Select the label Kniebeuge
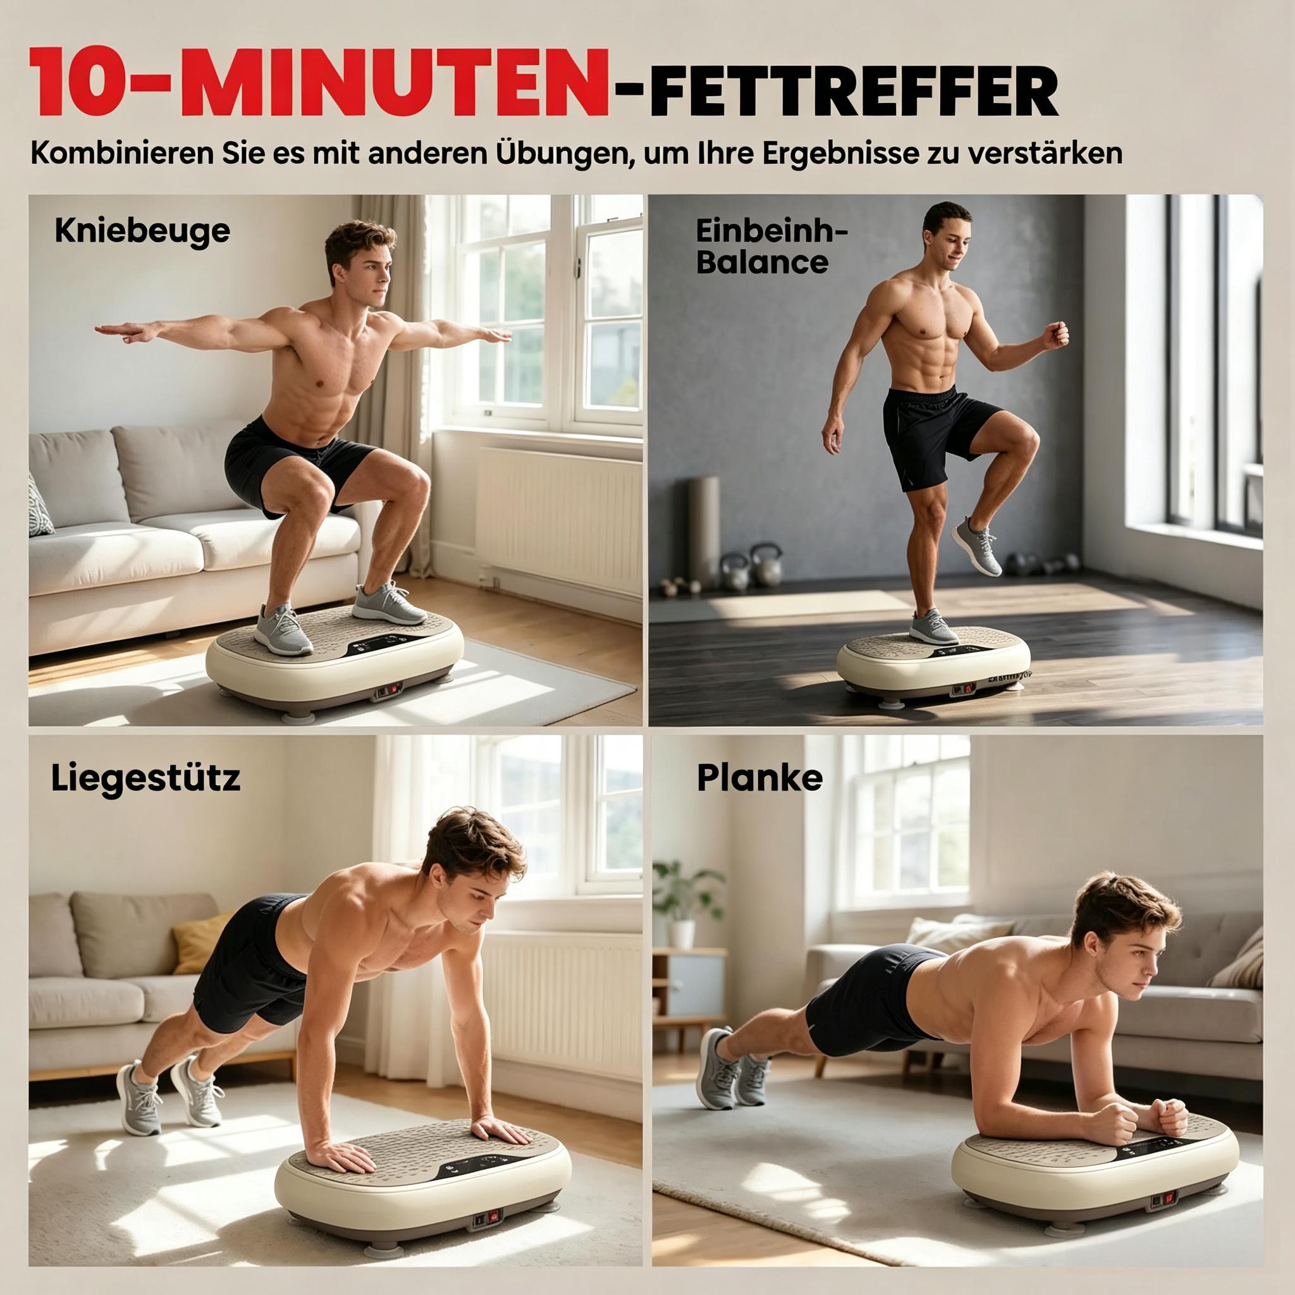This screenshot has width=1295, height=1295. [x=142, y=231]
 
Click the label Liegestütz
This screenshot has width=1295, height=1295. [x=145, y=779]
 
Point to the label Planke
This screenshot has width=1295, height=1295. [x=759, y=778]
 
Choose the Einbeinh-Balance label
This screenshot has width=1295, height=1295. [x=771, y=246]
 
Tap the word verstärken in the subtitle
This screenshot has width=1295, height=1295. [x=1047, y=153]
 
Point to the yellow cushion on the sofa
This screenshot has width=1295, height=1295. [x=199, y=942]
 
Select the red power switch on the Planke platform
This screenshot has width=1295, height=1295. [x=1167, y=1198]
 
